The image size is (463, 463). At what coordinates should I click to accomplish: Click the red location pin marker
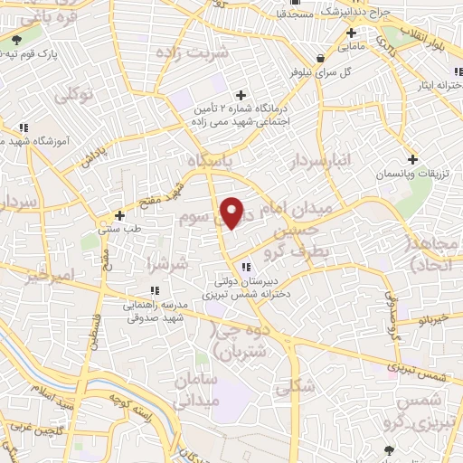(232, 213)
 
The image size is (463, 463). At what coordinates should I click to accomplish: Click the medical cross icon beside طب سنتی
(120, 216)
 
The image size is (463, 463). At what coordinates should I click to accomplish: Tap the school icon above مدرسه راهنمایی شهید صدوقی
(154, 290)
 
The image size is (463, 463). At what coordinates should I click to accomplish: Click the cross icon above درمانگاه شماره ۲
(241, 95)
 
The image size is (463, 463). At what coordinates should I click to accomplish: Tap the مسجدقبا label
(295, 14)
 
